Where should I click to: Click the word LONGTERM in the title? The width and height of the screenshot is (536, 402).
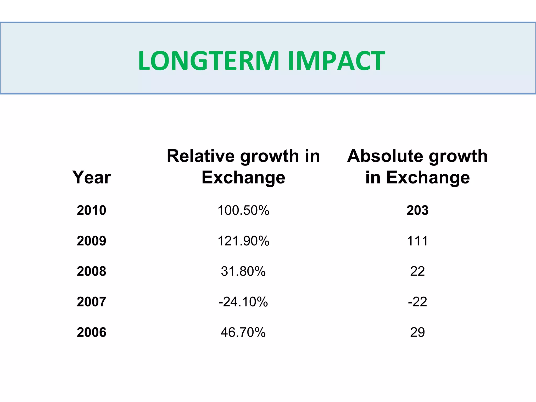(209, 61)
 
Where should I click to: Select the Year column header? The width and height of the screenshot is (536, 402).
(91, 177)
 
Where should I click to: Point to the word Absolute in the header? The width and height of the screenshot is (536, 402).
(385, 156)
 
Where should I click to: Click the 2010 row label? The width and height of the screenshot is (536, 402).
(91, 210)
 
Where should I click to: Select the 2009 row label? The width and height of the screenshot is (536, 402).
(91, 241)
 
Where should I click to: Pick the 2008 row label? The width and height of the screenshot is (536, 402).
(91, 271)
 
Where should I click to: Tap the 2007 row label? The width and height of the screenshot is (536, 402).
(91, 302)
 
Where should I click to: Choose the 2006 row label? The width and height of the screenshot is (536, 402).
(91, 332)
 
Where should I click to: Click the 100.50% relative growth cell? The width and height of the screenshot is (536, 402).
(243, 210)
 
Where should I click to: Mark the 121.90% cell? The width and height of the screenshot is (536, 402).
(243, 241)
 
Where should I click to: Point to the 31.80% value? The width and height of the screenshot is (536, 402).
(243, 271)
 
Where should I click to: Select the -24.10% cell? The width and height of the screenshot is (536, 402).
(243, 302)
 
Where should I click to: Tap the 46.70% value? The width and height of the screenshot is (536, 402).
(243, 332)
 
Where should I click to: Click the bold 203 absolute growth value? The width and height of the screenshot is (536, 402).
(417, 210)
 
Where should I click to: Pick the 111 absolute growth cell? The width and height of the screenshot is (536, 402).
(417, 241)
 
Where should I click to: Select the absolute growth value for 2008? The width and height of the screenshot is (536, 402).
(417, 271)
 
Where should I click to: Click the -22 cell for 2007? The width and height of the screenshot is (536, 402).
(417, 302)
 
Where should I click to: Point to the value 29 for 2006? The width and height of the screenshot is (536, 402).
(417, 332)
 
